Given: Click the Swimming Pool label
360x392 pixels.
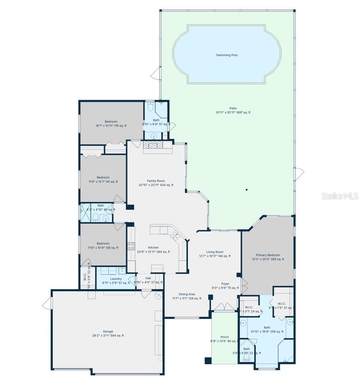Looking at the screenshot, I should click(227, 55).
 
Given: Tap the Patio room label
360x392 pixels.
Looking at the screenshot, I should click(233, 110).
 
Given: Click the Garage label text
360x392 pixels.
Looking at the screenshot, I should click(108, 333).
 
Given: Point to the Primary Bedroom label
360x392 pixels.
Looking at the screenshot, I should click(268, 257).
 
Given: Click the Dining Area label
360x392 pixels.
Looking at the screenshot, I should click(187, 296).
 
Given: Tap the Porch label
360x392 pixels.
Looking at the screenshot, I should click(225, 339).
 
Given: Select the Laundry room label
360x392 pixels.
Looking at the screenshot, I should click(116, 281).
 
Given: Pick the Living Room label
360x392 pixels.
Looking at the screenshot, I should click(215, 254).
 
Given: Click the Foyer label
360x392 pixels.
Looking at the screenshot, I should click(225, 286).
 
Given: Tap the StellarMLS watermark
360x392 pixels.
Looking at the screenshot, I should click(340, 196).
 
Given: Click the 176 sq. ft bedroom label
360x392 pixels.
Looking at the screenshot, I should click(111, 124).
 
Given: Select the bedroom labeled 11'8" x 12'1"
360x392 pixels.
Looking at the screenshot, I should click(103, 179).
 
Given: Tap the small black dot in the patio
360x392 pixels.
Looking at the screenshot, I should click(246, 189).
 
